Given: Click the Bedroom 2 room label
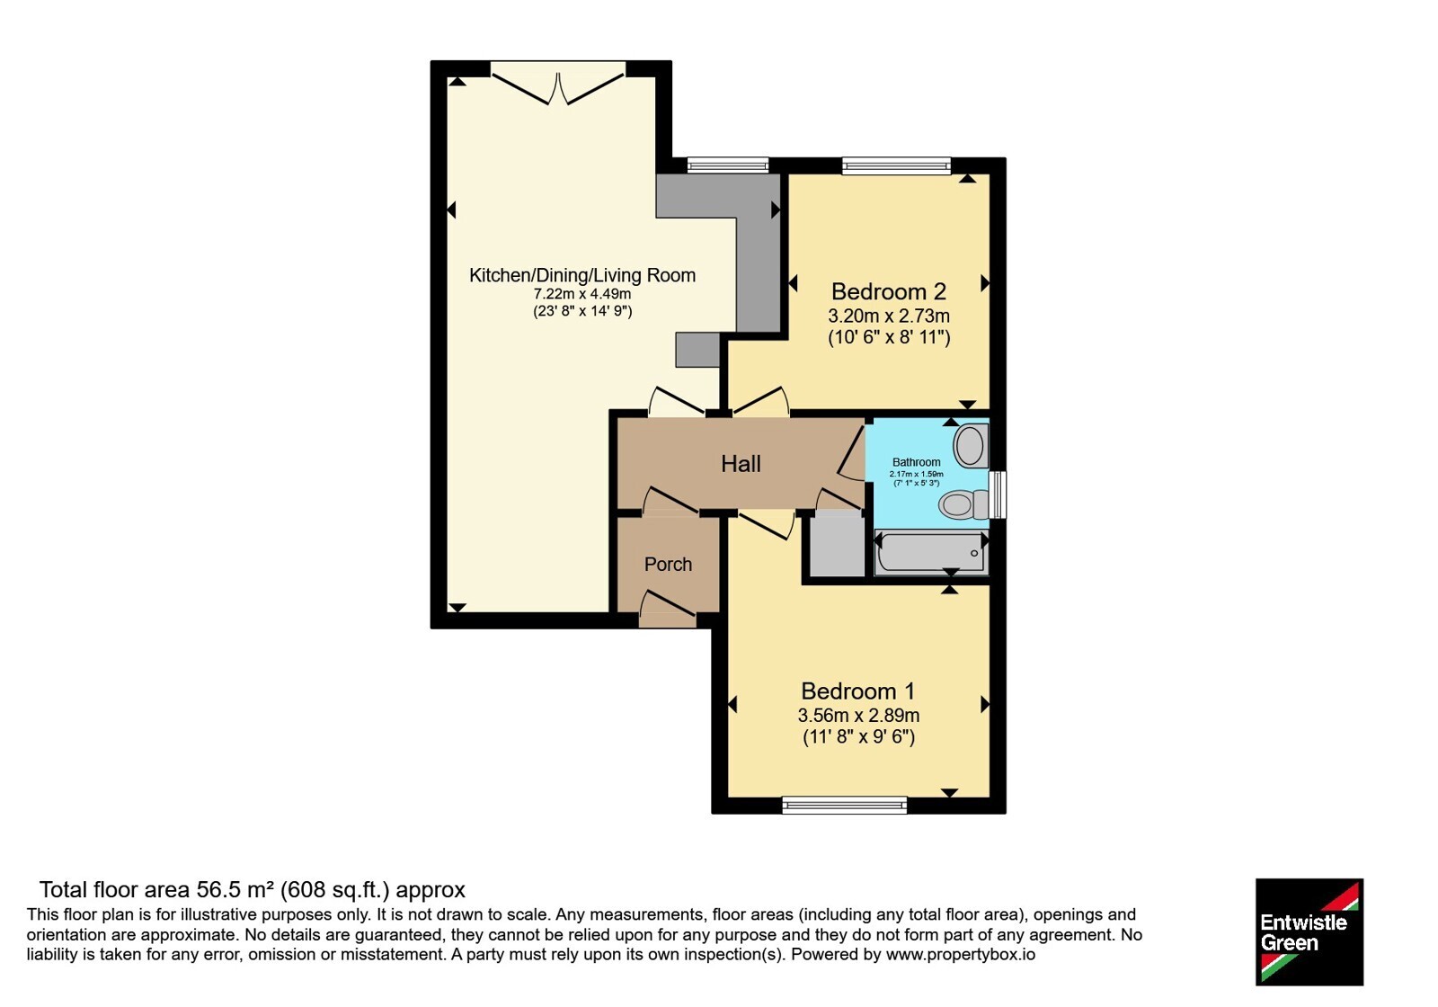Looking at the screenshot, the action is click(x=889, y=291).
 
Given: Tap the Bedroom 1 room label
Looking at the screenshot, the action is click(x=858, y=691).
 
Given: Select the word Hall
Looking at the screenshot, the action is click(x=741, y=464).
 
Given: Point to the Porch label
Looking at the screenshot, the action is click(x=669, y=564).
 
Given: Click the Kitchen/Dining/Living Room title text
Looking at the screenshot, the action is click(x=582, y=275).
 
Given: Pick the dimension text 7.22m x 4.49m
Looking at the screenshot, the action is click(x=582, y=294).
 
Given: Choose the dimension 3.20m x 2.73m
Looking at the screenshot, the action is click(x=889, y=316).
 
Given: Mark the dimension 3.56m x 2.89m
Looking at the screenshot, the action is click(x=858, y=715).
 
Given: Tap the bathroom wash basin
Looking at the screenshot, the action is click(x=971, y=444).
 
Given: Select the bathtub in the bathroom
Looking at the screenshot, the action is click(x=931, y=552).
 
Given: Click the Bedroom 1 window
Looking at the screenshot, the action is click(x=844, y=805).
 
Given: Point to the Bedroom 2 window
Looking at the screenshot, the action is click(x=896, y=165).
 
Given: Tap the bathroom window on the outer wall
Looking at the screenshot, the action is click(x=998, y=495).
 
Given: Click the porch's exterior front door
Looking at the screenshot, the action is click(x=668, y=610).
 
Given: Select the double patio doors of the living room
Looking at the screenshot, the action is click(x=558, y=83).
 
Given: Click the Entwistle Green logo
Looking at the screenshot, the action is click(x=1309, y=931).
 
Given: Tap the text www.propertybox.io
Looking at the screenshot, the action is click(x=961, y=954).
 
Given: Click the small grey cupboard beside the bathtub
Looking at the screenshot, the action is click(x=837, y=543).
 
